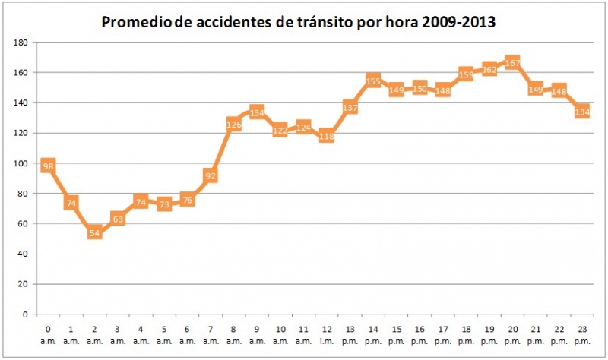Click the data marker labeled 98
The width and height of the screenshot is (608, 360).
48,166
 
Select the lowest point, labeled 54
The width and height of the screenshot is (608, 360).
94,232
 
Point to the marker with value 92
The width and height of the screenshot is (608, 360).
211,175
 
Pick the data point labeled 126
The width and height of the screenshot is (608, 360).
234,124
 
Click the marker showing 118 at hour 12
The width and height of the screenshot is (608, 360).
327,136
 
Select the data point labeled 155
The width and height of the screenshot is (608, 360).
373,81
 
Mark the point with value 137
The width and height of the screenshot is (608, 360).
350,107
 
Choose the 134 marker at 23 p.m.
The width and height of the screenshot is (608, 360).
582,112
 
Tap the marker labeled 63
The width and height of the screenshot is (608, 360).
118,219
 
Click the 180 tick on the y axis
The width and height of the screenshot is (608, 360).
21,43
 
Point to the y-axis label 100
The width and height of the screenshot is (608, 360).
21,163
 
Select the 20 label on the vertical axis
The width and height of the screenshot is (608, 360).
24,284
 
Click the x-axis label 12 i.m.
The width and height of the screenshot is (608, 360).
327,335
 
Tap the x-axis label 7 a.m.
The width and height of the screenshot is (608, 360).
211,335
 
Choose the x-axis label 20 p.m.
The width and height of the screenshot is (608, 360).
512,335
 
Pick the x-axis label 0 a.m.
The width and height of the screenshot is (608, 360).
48,335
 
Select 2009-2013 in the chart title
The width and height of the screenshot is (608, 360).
461,22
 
